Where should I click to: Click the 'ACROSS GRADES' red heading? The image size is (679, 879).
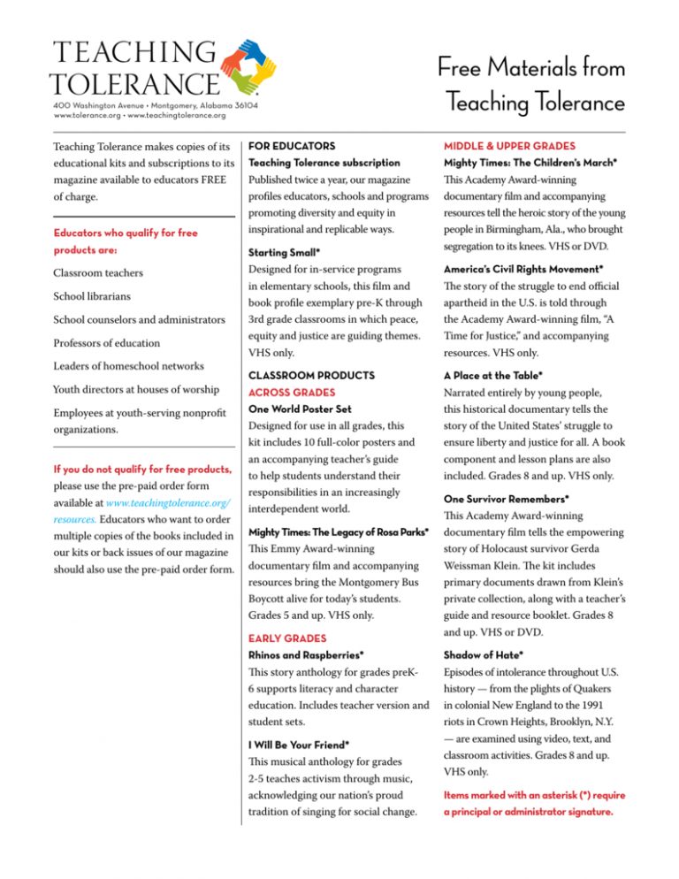tap(291, 392)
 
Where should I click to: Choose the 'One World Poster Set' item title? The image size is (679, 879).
tap(301, 410)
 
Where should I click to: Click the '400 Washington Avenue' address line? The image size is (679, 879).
tap(156, 104)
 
